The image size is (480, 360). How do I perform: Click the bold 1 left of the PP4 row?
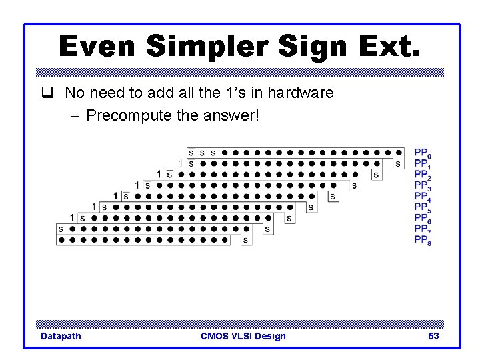click(115, 196)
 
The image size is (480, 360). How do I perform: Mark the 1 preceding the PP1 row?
click(181, 163)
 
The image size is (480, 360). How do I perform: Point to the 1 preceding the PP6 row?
click(71, 217)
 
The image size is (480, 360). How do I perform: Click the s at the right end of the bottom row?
click(245, 240)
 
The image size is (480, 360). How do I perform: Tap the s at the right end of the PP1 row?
click(398, 163)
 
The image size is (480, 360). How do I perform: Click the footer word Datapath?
click(61, 336)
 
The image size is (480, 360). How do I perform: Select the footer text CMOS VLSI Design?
click(243, 336)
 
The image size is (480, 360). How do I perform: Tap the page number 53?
click(433, 336)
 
